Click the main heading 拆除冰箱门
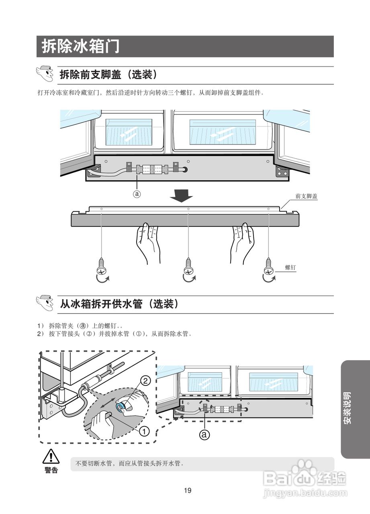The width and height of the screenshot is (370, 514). tap(80, 47)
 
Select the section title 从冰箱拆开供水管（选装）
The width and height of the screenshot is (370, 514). tap(119, 304)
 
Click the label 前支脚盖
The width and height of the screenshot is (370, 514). tap(306, 196)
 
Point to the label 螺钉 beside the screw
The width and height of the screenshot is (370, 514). tap(290, 267)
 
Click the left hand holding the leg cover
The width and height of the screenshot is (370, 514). tap(147, 243)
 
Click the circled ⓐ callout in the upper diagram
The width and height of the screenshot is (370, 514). tap(137, 194)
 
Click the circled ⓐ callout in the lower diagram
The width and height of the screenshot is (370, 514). tap(205, 434)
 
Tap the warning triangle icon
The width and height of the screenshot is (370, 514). tap(51, 457)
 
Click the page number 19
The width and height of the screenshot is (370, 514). tap(187, 490)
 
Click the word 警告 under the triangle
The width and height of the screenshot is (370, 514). tap(51, 470)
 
